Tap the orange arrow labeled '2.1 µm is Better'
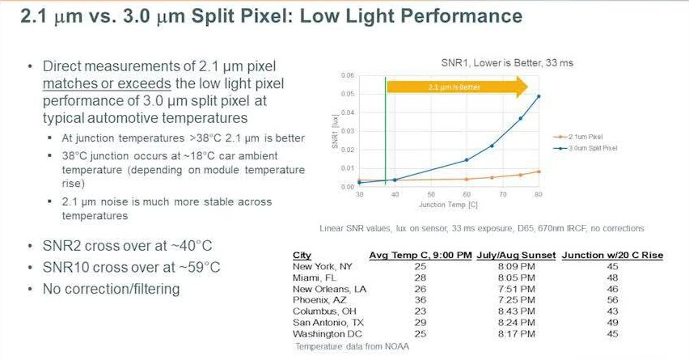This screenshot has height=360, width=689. (x=457, y=86)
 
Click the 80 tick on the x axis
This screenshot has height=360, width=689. (x=538, y=195)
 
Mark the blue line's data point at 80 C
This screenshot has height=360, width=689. (x=539, y=96)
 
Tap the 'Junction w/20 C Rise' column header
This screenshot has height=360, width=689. (x=612, y=256)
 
